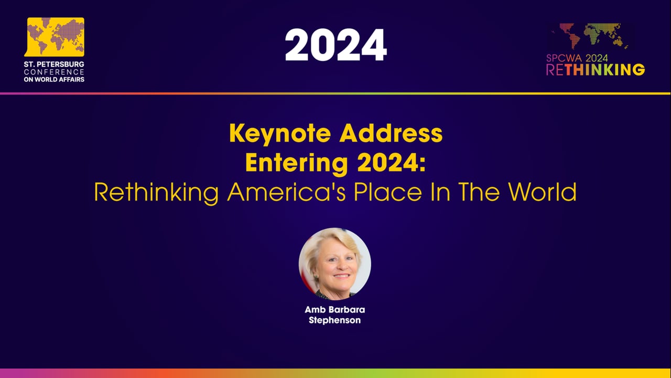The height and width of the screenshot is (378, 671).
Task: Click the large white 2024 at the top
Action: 335,45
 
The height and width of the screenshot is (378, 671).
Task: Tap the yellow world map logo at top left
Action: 55,37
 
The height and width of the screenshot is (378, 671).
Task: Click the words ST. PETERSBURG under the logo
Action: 54,64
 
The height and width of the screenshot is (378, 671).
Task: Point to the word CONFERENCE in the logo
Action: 54,71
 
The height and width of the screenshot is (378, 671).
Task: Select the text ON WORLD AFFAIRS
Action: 54,79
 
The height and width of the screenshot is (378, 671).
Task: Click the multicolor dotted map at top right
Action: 590,36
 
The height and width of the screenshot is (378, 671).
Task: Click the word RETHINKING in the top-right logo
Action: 596,70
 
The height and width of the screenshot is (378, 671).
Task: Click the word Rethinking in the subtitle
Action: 156,193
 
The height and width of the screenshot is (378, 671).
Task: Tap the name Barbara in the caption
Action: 345,310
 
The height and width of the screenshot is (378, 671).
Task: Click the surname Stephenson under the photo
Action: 334,320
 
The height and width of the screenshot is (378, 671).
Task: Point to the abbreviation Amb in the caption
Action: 313,310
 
